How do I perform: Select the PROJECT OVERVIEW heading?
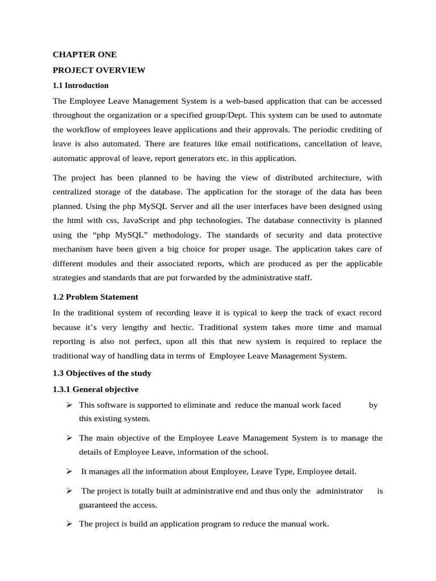coord(99,70)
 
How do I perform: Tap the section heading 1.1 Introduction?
coord(81,86)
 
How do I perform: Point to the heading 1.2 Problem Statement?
coord(95,297)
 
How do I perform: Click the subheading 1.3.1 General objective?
coord(95,389)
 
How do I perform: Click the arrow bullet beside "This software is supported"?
coord(69,405)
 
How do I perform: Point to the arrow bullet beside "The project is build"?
coord(69,524)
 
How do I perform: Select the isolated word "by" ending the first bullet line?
coord(373,405)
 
